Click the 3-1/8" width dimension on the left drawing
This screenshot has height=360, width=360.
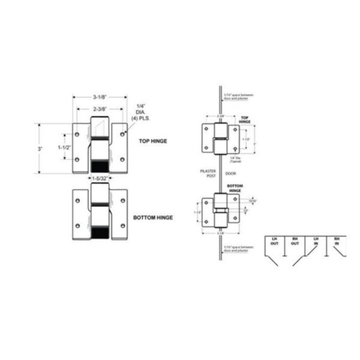100,96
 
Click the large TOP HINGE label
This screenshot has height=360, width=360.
152,142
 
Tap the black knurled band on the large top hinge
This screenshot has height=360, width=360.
100,166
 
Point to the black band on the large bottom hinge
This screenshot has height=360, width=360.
100,230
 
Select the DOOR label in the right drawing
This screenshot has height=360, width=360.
231,172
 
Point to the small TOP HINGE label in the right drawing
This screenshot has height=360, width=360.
244,119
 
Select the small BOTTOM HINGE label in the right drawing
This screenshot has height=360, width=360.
235,188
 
